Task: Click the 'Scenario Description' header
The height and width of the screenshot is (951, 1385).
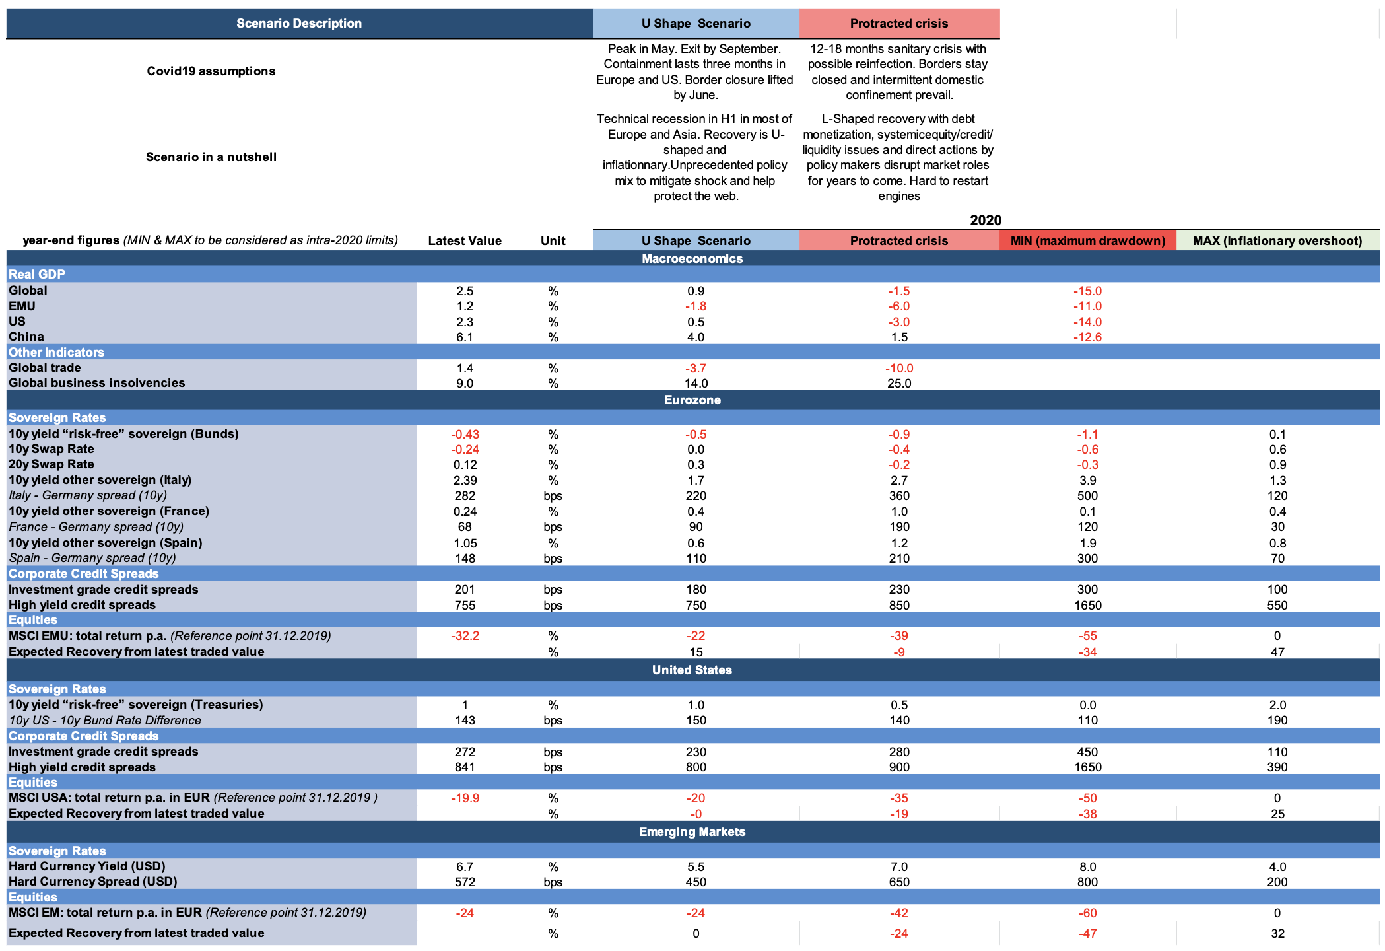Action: coord(299,24)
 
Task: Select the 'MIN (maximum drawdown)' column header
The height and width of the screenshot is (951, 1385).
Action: coord(1087,241)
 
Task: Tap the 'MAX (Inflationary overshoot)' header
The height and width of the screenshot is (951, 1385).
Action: coord(1277,241)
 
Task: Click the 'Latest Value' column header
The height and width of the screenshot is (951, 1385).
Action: coord(465,241)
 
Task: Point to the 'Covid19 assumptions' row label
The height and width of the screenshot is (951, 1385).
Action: coord(211,71)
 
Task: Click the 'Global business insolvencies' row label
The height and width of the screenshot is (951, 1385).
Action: coord(97,383)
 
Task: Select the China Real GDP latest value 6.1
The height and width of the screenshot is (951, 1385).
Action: coord(465,337)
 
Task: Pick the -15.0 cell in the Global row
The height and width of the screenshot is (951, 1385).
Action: coord(1087,291)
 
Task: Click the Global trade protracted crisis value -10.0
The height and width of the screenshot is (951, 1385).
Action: coord(899,369)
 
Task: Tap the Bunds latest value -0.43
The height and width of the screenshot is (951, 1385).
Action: coord(465,435)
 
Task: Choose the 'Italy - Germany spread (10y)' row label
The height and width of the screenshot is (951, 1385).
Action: coord(88,495)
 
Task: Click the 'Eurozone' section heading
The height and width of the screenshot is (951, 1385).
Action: coord(692,400)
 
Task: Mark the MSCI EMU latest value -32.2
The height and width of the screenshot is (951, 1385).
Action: coord(465,636)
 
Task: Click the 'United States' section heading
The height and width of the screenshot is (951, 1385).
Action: coord(692,670)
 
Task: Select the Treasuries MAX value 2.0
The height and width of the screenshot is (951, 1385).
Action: coord(1277,705)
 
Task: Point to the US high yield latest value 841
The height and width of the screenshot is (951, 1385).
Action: coord(465,767)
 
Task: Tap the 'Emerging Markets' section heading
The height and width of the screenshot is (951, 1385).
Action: coord(692,832)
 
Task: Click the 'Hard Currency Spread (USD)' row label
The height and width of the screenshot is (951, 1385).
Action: coord(93,882)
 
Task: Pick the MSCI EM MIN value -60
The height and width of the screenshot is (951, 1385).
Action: coord(1087,913)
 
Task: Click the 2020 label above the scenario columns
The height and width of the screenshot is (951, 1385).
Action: coord(986,221)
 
